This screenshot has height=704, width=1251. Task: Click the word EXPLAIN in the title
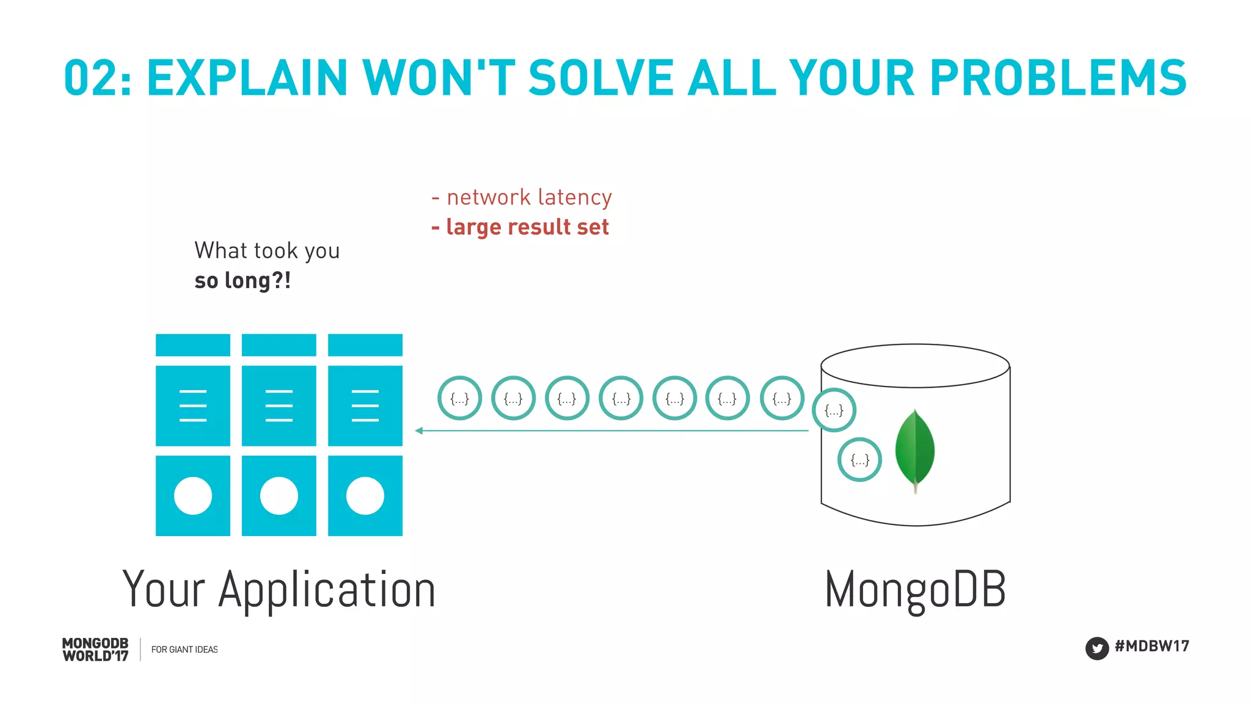tap(247, 78)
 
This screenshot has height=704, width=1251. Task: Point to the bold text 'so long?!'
tap(243, 281)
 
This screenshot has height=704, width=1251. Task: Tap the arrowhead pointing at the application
tap(419, 430)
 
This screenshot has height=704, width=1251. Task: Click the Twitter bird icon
tap(1096, 648)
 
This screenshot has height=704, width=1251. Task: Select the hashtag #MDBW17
tap(1151, 646)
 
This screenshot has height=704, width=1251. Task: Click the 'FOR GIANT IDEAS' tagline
tap(184, 650)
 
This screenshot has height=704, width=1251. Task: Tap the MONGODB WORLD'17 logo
tap(95, 650)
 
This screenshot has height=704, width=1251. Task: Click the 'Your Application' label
tap(279, 590)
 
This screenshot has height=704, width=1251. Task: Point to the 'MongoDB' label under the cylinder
tap(914, 590)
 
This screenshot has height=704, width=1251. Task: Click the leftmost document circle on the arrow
tap(459, 398)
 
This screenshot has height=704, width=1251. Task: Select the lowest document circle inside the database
tap(859, 460)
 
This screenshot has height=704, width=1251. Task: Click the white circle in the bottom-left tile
tap(193, 496)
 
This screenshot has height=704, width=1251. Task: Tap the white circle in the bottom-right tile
tap(365, 496)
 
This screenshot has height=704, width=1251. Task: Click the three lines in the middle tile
tap(279, 405)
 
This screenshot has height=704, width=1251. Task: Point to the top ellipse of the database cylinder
tap(914, 365)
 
